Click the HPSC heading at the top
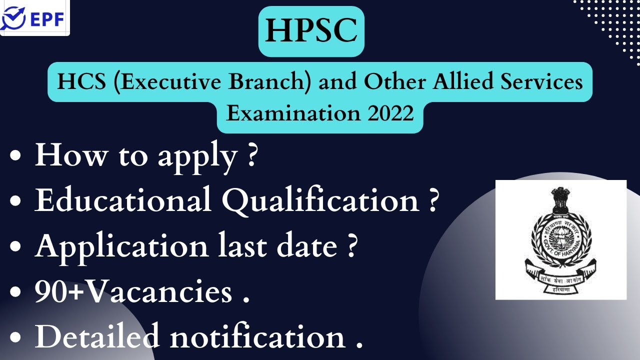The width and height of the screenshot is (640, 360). tap(311, 31)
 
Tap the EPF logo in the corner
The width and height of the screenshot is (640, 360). tap(35, 18)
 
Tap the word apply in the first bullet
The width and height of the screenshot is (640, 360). tap(197, 156)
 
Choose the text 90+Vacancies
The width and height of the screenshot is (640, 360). tap(133, 291)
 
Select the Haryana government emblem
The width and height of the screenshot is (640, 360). tap(560, 239)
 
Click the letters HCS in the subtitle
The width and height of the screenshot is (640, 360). tap(76, 81)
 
